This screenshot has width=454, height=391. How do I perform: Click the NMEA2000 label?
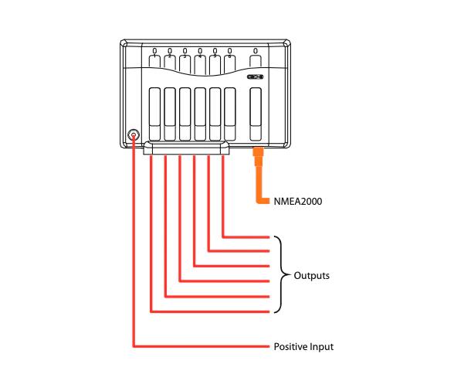298,201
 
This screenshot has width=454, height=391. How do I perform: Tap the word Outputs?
312,275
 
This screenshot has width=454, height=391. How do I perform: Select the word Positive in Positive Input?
290,346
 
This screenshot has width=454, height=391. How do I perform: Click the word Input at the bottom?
322,347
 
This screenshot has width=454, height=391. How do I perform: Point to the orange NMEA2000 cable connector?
258,157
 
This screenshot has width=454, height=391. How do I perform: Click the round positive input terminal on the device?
134,134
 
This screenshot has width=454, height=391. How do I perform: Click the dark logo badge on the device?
256,76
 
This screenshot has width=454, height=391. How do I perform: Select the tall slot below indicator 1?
154,114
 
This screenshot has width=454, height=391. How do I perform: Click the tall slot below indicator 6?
230,114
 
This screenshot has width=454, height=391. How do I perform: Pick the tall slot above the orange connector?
256,114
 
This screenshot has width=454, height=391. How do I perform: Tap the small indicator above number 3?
185,51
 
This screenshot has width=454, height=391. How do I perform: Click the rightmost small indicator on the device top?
256,51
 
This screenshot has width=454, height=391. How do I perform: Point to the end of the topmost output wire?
269,237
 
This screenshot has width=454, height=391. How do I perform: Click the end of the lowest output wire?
269,312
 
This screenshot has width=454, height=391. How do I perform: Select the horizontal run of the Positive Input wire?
202,346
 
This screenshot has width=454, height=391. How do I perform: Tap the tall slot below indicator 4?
200,114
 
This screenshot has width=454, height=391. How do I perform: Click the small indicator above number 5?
215,51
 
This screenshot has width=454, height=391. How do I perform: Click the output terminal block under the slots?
187,148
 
